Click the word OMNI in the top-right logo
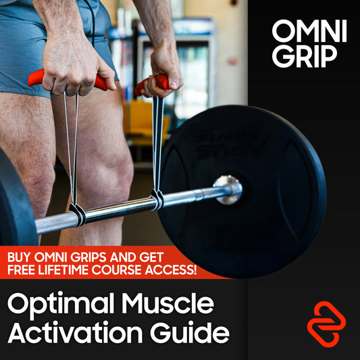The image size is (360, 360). (309, 31)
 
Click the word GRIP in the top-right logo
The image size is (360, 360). (305, 56)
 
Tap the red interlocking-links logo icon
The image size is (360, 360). (326, 324)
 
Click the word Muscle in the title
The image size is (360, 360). (168, 303)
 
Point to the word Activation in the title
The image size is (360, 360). (75, 332)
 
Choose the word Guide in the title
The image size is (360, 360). (190, 332)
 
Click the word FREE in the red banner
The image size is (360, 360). (22, 270)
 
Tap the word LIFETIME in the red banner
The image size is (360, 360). (63, 270)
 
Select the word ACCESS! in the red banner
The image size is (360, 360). (171, 270)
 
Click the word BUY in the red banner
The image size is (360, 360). (19, 257)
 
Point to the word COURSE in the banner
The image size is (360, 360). (117, 270)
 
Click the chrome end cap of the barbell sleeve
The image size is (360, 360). (228, 190)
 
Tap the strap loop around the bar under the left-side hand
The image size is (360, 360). (78, 215)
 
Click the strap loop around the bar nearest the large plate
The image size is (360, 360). (157, 199)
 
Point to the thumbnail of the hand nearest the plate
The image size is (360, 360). (174, 84)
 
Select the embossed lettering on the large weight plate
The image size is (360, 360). (230, 147)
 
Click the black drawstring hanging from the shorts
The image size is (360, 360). (92, 22)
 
